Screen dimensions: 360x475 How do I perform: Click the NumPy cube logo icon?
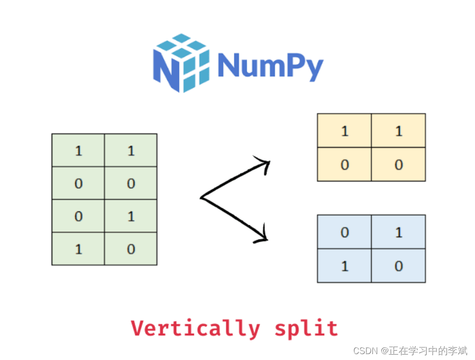coord(181,63)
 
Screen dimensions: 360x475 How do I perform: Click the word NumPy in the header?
coord(270,65)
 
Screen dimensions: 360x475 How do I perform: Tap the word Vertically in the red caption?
coord(195,328)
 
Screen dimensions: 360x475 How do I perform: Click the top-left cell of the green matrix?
coord(78,150)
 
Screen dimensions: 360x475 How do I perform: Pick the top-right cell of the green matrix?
coord(131,150)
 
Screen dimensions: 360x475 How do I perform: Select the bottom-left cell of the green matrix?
coord(78,249)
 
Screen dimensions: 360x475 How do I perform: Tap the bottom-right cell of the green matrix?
coord(131,249)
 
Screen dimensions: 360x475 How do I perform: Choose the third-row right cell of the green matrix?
coord(131,216)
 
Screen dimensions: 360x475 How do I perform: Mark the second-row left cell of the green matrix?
coord(78,183)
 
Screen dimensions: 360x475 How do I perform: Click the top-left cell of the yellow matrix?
coord(344,131)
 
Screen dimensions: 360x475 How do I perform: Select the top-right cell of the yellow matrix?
coord(399,131)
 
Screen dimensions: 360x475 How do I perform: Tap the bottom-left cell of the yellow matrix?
coord(344,164)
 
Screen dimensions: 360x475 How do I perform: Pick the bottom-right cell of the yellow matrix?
coord(399,164)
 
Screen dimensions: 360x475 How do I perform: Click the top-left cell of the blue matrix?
coord(344,232)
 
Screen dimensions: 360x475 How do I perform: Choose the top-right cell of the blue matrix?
coord(399,232)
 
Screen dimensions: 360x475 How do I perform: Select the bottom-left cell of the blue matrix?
coord(344,266)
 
